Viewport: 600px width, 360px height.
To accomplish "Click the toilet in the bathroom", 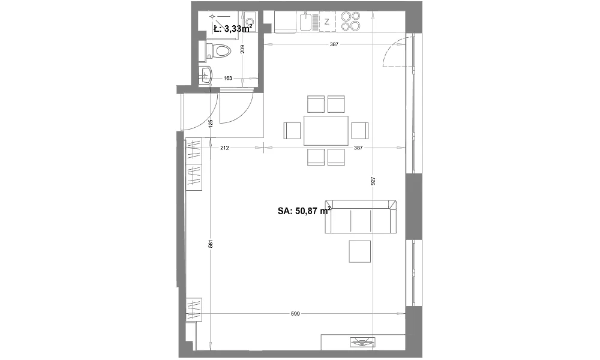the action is tap(218, 51).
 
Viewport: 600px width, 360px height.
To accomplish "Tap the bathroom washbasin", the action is tap(205, 74).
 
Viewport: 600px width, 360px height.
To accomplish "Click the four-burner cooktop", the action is tap(351, 21).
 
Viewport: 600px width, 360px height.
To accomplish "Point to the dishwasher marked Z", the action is tap(327, 22).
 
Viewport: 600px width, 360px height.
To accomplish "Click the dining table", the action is tap(326, 130).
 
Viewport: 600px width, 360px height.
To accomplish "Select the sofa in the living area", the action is tap(361, 216).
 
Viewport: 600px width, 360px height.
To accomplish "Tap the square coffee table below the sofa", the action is tap(359, 251).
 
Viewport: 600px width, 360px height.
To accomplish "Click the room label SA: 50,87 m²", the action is tap(304, 211).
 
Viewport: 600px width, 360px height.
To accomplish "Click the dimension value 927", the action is tap(373, 181).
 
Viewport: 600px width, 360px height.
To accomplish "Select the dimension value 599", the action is tap(295, 314).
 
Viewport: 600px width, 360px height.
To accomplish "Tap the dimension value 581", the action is tap(211, 244).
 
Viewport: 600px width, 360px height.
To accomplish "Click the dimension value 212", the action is tap(224, 148).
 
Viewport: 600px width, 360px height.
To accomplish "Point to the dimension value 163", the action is tap(227, 78).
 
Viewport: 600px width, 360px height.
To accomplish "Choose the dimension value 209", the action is tap(242, 49).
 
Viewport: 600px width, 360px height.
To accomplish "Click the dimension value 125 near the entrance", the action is tap(211, 123).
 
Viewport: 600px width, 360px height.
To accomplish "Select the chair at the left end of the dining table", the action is tap(292, 130).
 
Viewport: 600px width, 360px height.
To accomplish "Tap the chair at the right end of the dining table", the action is tap(359, 130).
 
